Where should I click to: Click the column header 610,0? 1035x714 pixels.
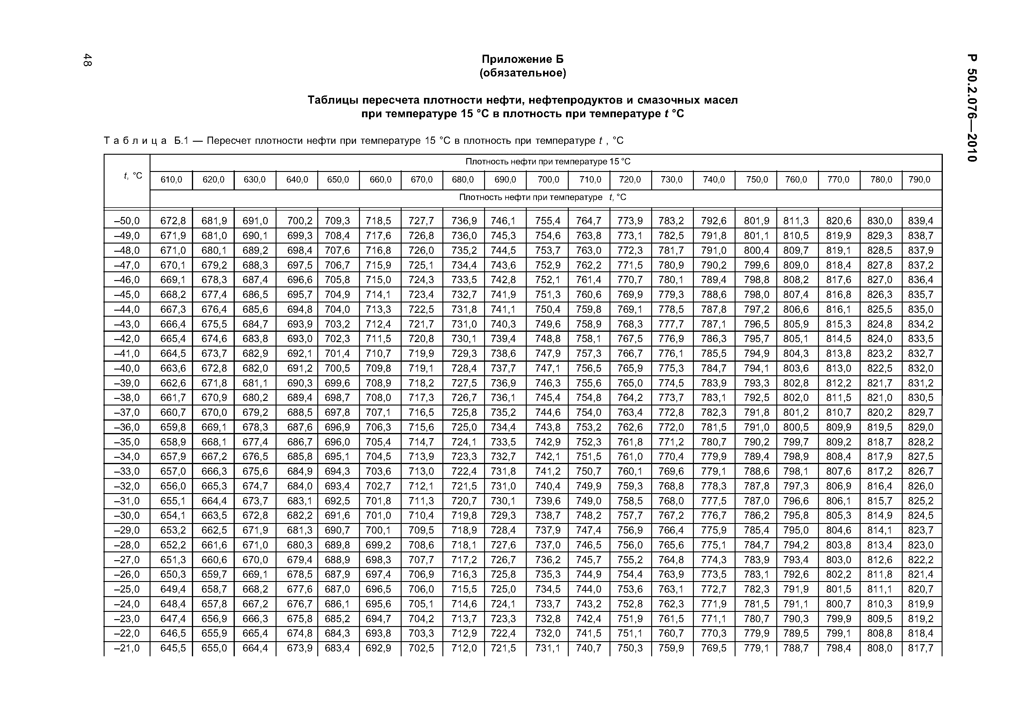pos(171,180)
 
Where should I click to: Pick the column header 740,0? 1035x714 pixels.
pos(713,180)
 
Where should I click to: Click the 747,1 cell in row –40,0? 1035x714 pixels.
pos(548,368)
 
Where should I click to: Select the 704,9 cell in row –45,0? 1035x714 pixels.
pos(337,294)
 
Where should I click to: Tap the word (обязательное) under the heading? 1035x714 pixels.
pos(522,73)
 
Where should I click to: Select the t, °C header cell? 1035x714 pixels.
pos(133,176)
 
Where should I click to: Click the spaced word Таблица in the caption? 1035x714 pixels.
pos(135,141)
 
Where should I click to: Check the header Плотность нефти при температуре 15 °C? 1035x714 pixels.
pos(548,161)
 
